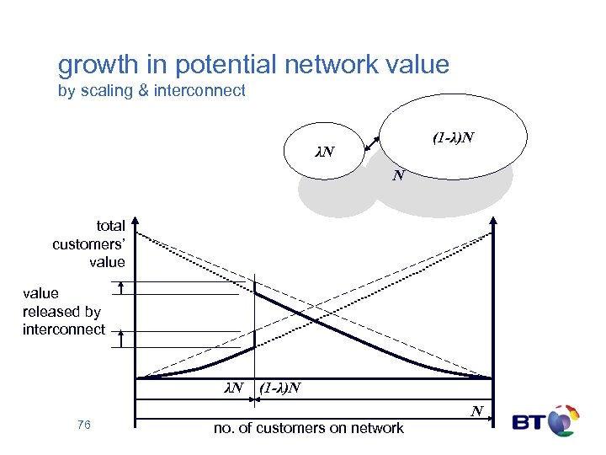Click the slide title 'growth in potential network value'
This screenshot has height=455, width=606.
coord(253,65)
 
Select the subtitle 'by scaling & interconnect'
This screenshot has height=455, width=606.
coord(151,91)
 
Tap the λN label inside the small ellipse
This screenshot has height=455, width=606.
coord(324,153)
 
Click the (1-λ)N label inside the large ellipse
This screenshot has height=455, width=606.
coord(453,137)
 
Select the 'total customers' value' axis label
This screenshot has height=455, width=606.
coord(88,244)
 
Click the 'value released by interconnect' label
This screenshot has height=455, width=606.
coord(63,311)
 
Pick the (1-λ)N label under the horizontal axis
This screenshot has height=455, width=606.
coord(280,388)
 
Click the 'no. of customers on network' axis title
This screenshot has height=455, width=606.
coord(309,428)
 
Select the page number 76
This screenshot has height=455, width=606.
coord(83,426)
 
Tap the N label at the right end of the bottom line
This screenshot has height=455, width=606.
coord(476,412)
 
